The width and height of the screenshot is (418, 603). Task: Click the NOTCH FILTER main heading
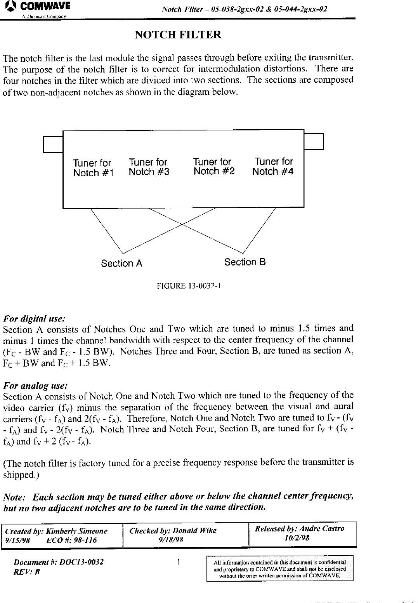tap(178, 35)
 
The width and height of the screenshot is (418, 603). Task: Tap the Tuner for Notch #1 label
tap(93, 168)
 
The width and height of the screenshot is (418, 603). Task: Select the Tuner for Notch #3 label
tap(149, 167)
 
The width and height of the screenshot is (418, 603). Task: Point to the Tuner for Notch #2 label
tap(214, 167)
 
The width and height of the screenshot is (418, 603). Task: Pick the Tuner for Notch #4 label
tap(273, 167)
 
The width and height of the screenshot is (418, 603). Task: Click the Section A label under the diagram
tap(121, 264)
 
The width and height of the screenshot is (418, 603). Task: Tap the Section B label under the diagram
tap(245, 262)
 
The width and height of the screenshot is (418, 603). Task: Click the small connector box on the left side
tap(53, 144)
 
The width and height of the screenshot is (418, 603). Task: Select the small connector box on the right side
tap(314, 141)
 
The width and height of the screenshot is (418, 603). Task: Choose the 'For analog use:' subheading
tap(35, 386)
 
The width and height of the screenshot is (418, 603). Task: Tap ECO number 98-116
tap(71, 540)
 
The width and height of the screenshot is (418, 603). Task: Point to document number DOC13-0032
tap(59, 562)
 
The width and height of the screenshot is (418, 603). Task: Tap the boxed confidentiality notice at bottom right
tap(279, 568)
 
